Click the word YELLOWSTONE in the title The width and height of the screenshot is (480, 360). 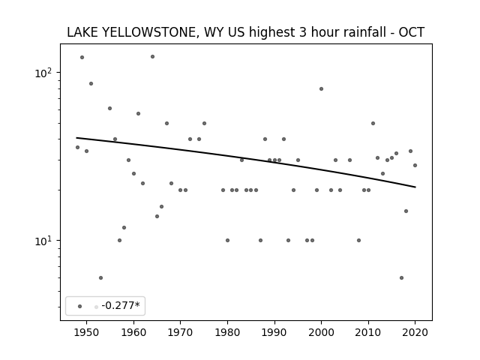148,32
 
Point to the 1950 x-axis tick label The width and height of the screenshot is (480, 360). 86,332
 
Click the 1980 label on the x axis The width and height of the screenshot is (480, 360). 227,332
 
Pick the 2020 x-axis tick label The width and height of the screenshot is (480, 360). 415,332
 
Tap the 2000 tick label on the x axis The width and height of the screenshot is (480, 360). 321,332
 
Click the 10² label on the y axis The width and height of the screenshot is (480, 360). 43,73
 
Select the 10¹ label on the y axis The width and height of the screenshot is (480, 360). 43,241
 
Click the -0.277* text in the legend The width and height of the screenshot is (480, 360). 121,305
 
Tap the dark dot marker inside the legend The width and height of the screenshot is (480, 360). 80,307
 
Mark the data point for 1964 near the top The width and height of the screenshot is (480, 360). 152,57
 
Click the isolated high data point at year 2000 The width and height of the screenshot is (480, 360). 321,88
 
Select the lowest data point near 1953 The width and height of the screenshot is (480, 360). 100,278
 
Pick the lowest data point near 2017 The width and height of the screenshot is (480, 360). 401,278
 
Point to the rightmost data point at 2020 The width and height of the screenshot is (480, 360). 415,165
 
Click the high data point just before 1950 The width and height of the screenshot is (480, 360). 82,57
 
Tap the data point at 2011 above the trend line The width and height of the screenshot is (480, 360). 373,123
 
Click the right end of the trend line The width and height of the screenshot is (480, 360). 415,187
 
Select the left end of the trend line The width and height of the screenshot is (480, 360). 76,138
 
